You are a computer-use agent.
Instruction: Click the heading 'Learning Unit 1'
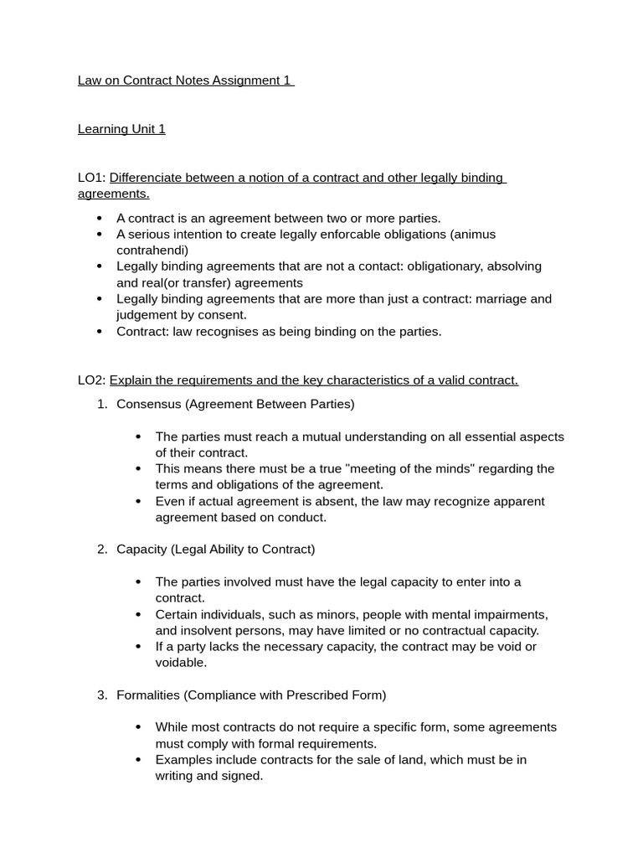tap(121, 129)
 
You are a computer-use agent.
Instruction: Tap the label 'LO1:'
tap(91, 178)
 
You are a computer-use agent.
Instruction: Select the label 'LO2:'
tap(91, 380)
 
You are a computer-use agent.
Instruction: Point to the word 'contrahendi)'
tap(152, 250)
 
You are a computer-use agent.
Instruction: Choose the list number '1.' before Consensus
tap(102, 404)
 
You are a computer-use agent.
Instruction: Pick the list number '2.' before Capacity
tap(102, 549)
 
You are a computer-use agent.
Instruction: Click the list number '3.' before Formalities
tap(102, 695)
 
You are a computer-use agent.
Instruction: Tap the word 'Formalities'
tap(148, 695)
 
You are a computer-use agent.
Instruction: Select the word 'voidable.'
tap(181, 662)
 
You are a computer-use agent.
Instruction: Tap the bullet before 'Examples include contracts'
tap(139, 759)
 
